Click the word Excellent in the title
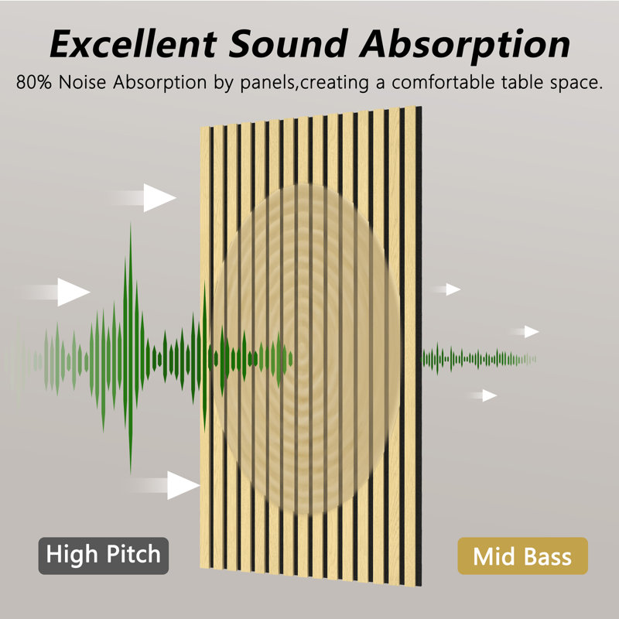133,44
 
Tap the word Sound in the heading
289,44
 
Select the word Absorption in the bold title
465,46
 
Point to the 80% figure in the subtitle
34,82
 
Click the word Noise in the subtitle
82,82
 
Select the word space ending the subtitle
573,84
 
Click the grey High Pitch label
104,556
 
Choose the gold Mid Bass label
523,556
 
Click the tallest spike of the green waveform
130,347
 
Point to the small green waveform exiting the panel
479,359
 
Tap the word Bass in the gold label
548,556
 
